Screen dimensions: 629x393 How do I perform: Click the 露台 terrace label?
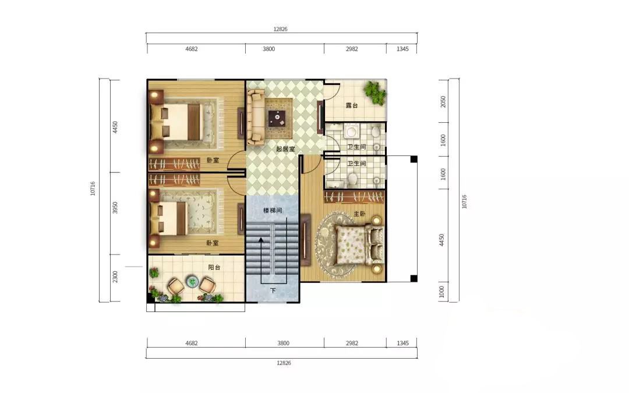pos(352,105)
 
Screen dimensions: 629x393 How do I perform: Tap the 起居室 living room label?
pos(285,149)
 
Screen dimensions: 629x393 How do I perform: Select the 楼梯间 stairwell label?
pos(273,210)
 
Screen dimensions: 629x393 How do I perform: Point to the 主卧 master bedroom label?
pos(359,214)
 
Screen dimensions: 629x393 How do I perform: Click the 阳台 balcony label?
pos(214,267)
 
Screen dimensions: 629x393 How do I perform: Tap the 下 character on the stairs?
pos(273,291)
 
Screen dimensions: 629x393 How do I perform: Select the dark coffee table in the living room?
pos(277,118)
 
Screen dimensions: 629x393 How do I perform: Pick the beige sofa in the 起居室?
pos(255,116)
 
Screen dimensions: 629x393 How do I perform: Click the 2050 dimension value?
pos(443,101)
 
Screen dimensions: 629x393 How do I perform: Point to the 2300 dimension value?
pos(115,277)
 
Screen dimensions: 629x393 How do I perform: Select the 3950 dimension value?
pos(115,207)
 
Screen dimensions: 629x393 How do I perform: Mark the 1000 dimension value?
pos(441,292)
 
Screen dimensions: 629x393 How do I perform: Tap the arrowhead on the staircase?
pos(261,240)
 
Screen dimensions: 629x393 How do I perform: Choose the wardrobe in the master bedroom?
pos(354,197)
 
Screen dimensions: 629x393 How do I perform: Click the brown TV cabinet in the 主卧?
pos(306,240)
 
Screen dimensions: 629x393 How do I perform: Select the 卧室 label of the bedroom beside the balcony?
pos(213,243)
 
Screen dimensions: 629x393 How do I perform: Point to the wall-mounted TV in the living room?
pos(320,116)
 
